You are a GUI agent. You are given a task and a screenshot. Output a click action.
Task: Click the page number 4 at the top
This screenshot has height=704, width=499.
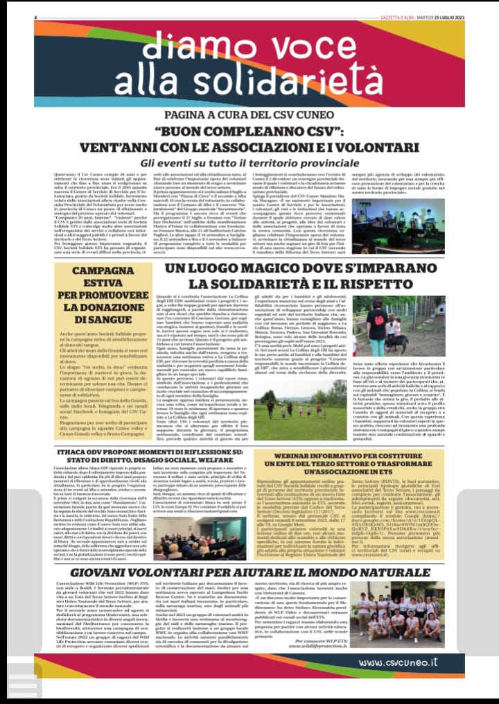tap(35, 17)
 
